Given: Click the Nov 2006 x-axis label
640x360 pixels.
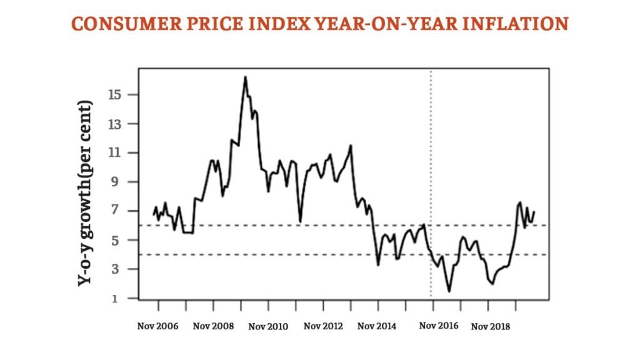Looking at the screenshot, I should tap(158, 326).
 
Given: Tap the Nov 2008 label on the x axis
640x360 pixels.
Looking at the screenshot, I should tap(214, 326).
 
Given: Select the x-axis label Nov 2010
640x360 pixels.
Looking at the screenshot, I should tap(269, 326).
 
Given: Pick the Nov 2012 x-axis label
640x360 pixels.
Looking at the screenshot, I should tap(323, 326).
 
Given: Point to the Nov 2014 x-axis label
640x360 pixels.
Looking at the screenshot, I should tap(378, 326).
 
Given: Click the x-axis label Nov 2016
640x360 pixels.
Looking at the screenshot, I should tap(439, 326).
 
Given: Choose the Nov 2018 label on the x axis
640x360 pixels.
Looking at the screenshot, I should tap(491, 326).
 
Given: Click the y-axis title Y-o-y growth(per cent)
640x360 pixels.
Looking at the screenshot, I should tap(86, 193).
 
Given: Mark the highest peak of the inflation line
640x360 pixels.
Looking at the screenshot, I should tap(245, 77).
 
